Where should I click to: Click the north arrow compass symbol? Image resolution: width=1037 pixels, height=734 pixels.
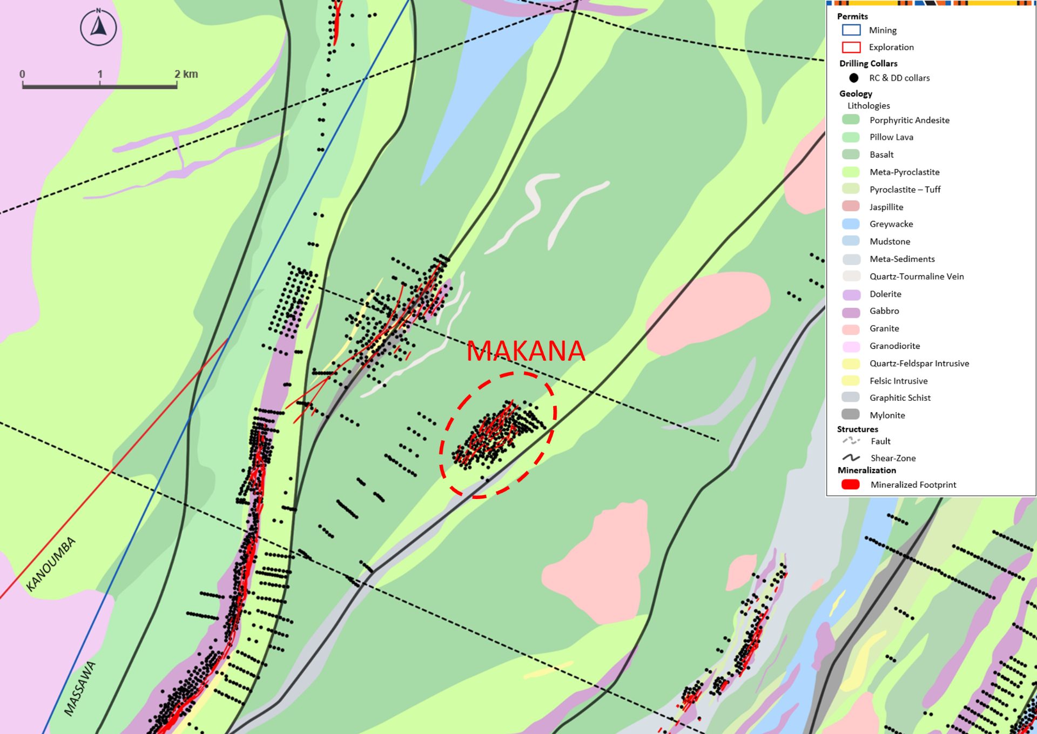click(98, 27)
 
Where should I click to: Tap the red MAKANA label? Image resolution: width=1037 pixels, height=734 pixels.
click(526, 351)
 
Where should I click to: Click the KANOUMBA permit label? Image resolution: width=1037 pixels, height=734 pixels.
click(51, 564)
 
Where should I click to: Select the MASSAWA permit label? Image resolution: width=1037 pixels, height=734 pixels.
click(80, 689)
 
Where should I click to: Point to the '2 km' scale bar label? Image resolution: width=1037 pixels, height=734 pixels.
click(186, 74)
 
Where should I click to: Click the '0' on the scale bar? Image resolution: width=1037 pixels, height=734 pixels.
click(22, 74)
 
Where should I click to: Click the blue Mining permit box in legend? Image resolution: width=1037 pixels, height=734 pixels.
click(851, 30)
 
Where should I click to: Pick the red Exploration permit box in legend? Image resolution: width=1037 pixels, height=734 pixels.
click(851, 48)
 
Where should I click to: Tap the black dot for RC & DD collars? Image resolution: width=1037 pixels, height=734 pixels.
click(853, 78)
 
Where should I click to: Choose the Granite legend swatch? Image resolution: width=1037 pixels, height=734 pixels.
click(851, 329)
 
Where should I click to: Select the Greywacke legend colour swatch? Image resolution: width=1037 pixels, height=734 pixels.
click(851, 224)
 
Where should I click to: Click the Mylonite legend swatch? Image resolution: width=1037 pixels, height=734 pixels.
click(851, 415)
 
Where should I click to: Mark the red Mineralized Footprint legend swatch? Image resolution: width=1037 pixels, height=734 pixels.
click(851, 484)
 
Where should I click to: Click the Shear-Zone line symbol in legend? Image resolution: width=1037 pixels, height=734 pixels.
click(851, 458)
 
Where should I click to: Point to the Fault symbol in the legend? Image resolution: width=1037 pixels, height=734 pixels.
click(851, 441)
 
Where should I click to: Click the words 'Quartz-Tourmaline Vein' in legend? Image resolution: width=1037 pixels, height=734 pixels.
click(917, 277)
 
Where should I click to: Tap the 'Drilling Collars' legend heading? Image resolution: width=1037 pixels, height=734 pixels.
click(868, 63)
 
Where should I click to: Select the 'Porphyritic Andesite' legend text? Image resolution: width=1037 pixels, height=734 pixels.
click(909, 120)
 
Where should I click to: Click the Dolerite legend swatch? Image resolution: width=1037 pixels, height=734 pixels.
click(851, 294)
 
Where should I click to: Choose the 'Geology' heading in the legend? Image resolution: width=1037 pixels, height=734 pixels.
click(856, 93)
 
